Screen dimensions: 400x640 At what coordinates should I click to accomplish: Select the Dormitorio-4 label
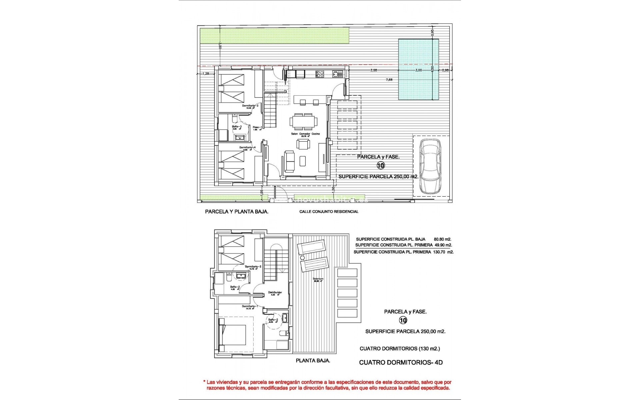tap(247, 147)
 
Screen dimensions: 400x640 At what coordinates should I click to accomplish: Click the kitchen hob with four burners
tap(320, 74)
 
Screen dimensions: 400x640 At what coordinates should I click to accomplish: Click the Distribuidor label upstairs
tap(275, 292)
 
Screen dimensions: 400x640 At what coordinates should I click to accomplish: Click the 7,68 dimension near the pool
tap(389, 80)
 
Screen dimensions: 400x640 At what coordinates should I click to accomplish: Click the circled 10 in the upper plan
tap(381, 165)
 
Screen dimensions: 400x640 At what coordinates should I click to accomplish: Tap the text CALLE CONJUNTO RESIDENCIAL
tap(329, 212)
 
